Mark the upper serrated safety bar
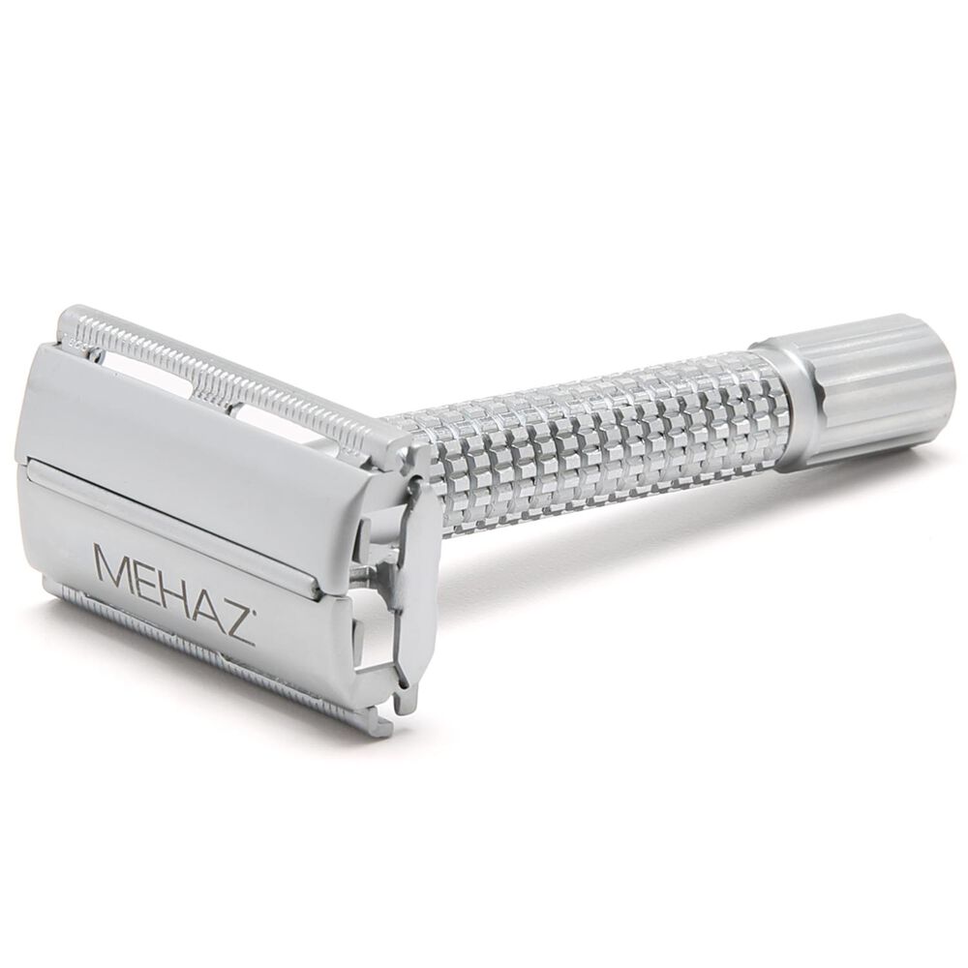click(x=223, y=373)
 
